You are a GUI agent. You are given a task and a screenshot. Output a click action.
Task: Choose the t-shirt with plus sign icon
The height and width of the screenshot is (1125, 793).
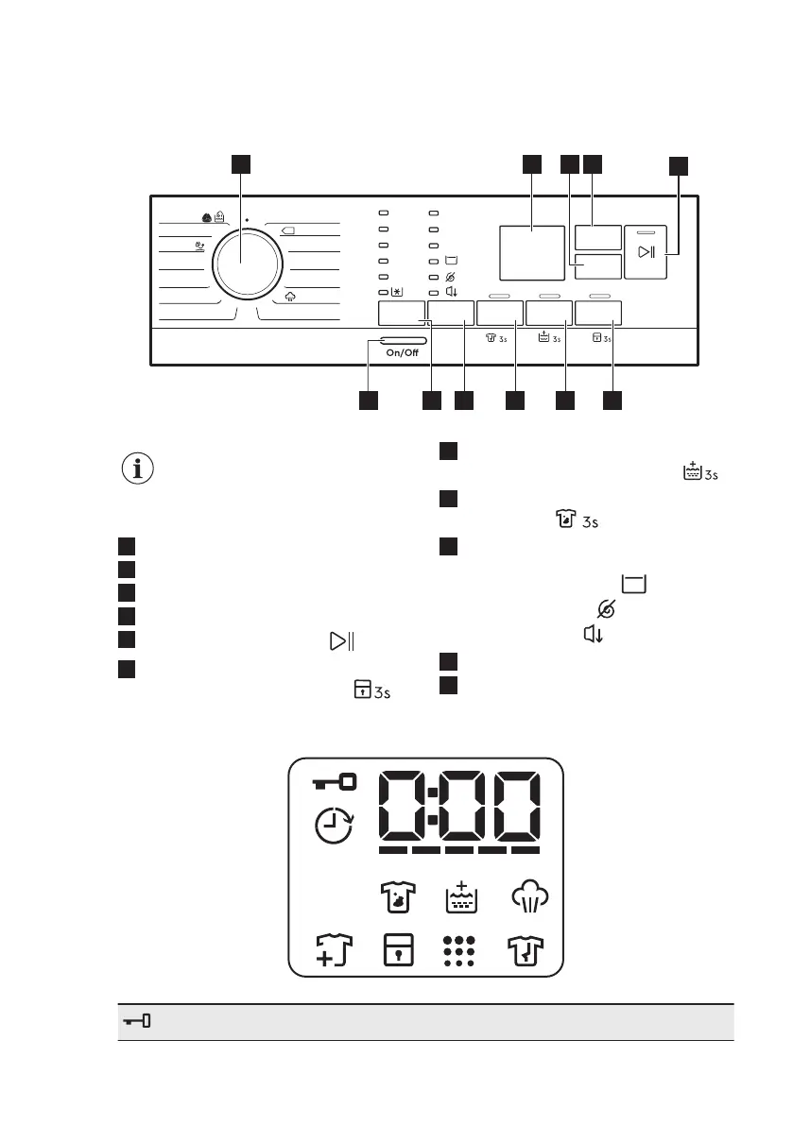click(334, 951)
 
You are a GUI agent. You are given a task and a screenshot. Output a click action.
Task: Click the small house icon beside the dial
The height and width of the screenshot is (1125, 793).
click(291, 295)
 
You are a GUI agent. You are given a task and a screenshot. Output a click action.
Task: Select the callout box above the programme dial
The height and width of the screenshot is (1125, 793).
click(242, 163)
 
